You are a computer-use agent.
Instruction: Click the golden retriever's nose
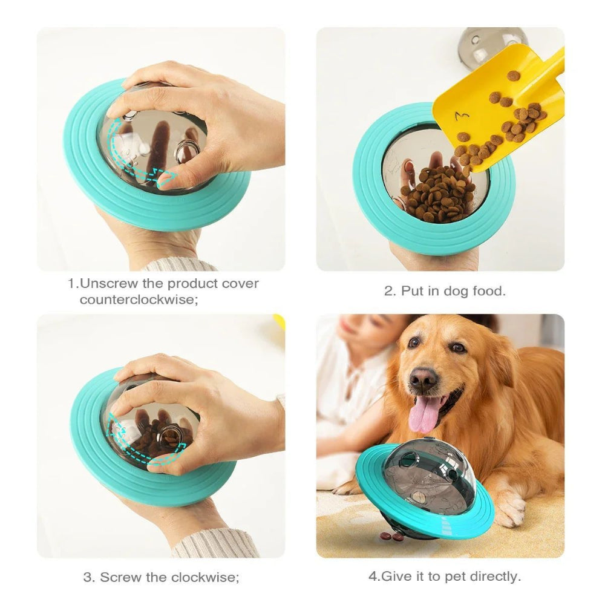coord(423,379)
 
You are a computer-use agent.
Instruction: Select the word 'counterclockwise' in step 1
coord(139,299)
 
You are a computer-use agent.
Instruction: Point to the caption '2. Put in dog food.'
coord(445,291)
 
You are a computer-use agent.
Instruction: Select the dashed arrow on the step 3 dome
coord(139,448)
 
